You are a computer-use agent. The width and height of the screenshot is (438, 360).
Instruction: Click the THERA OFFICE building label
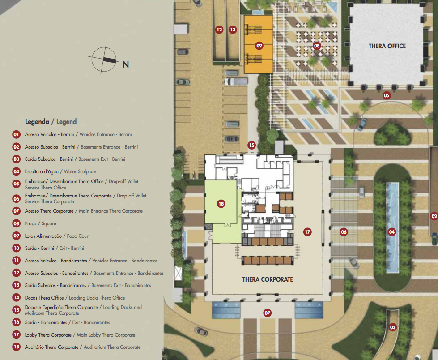pyautogui.click(x=387, y=46)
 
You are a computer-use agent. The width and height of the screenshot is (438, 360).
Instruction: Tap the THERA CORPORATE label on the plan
pyautogui.click(x=268, y=279)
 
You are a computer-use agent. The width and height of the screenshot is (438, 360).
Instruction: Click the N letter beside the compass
pyautogui.click(x=126, y=64)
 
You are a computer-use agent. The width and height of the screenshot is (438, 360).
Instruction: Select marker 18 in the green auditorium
pyautogui.click(x=221, y=204)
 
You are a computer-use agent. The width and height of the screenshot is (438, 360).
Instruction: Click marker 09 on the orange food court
pyautogui.click(x=259, y=46)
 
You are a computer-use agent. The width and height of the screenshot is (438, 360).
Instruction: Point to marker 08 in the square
pyautogui.click(x=316, y=46)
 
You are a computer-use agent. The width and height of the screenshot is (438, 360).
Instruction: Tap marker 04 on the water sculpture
pyautogui.click(x=392, y=231)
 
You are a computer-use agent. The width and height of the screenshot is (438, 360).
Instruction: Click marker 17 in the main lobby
pyautogui.click(x=307, y=231)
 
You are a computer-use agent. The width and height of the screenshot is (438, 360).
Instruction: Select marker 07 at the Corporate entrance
pyautogui.click(x=268, y=313)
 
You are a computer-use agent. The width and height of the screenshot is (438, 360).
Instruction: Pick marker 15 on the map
pyautogui.click(x=252, y=145)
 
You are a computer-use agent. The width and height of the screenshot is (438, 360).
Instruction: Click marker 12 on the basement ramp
pyautogui.click(x=219, y=30)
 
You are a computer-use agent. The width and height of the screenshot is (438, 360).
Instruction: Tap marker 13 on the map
pyautogui.click(x=233, y=30)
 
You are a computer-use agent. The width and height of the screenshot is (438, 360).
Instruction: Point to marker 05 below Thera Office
pyautogui.click(x=386, y=95)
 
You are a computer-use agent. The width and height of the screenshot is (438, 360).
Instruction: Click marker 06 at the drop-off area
pyautogui.click(x=344, y=231)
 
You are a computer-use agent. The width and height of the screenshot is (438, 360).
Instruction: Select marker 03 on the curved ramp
pyautogui.click(x=393, y=327)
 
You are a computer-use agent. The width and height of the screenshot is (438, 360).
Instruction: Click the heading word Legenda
pyautogui.click(x=37, y=122)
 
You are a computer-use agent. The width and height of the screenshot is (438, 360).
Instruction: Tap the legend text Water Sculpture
pyautogui.click(x=80, y=171)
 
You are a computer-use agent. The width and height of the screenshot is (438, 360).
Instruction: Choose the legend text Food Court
pyautogui.click(x=78, y=236)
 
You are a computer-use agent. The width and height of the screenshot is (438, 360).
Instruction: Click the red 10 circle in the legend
pyautogui.click(x=17, y=248)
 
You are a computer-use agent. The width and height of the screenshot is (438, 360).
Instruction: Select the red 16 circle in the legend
pyautogui.click(x=17, y=322)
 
